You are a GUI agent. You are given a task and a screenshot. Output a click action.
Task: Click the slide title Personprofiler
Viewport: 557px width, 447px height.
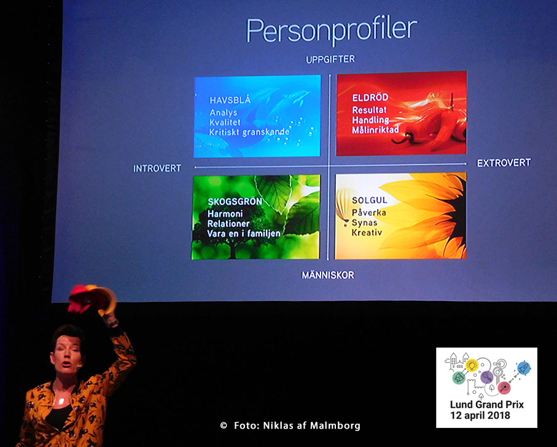click(x=331, y=29)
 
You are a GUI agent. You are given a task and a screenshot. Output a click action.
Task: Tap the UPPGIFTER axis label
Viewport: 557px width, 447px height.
click(x=331, y=60)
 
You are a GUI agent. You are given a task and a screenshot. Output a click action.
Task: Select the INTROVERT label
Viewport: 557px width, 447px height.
click(x=157, y=168)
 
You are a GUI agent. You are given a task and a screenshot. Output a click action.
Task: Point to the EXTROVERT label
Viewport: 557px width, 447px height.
click(x=504, y=163)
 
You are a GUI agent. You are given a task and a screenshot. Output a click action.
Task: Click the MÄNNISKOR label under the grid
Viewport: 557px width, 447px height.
click(x=328, y=276)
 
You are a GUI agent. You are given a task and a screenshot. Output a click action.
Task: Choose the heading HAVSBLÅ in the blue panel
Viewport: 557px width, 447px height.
click(x=230, y=100)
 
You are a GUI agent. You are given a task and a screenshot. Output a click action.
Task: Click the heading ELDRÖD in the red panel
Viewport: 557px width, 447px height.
click(x=368, y=98)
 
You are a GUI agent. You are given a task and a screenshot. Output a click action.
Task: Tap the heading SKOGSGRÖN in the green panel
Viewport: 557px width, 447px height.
click(x=235, y=201)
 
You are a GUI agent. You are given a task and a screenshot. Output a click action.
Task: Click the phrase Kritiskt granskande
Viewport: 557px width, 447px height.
click(x=249, y=132)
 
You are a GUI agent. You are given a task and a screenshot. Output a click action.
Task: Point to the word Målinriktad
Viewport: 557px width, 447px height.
click(x=375, y=130)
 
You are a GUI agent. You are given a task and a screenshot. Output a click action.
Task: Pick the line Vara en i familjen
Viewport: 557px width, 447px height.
click(x=244, y=233)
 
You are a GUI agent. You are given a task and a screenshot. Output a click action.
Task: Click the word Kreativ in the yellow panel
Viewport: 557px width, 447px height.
click(x=367, y=233)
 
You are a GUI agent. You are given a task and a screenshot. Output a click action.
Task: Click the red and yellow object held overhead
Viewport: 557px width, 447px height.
click(x=92, y=298)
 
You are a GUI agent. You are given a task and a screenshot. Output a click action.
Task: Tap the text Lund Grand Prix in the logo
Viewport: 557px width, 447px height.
click(x=486, y=405)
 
